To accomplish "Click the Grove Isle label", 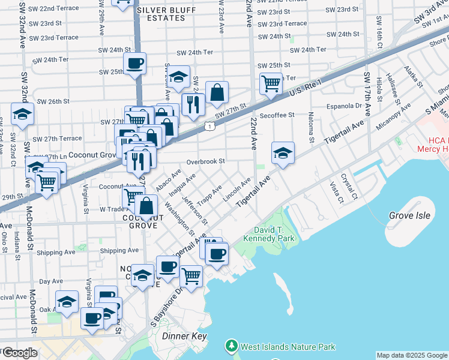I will click(x=410, y=215).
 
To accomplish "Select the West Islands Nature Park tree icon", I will click(x=232, y=346).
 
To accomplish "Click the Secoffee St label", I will click(x=277, y=115).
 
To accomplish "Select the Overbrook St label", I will click(x=205, y=161).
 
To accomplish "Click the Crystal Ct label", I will click(x=349, y=187).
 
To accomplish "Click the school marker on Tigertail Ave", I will click(x=283, y=153).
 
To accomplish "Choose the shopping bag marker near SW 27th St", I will click(x=217, y=92).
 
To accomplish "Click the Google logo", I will click(x=19, y=353).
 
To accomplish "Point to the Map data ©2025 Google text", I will click(x=412, y=355).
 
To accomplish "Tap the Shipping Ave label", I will click(x=119, y=251).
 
